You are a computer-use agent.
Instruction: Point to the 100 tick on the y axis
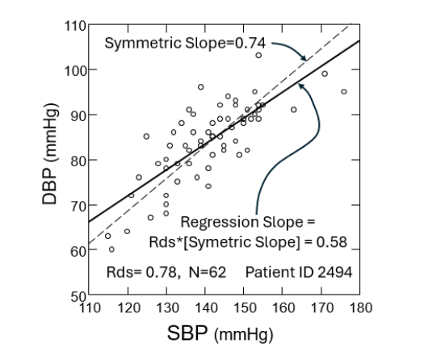pos(75,69)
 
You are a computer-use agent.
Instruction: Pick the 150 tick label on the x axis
pos(243,308)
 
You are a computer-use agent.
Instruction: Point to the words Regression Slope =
pos(246,221)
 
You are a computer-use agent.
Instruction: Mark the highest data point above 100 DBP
pos(258,55)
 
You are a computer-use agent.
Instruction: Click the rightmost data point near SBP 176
pos(344,92)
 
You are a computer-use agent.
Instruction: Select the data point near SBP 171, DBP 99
pos(325,73)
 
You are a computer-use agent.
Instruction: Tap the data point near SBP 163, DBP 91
pos(294,110)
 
